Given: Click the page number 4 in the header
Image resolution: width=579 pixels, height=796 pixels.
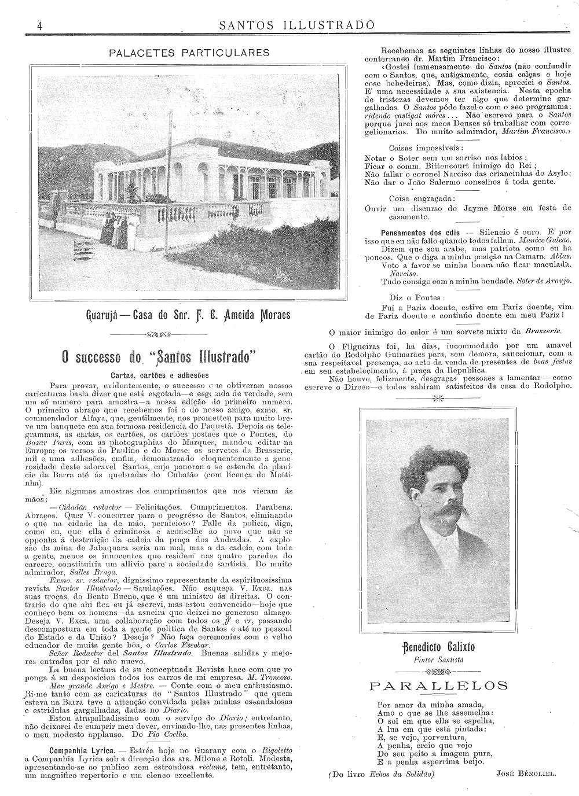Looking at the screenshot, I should click(x=39, y=26).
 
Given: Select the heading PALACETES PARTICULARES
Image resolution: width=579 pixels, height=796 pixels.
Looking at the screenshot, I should click(x=189, y=53).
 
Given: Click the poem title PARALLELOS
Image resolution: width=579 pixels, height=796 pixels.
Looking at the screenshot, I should click(x=439, y=686).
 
